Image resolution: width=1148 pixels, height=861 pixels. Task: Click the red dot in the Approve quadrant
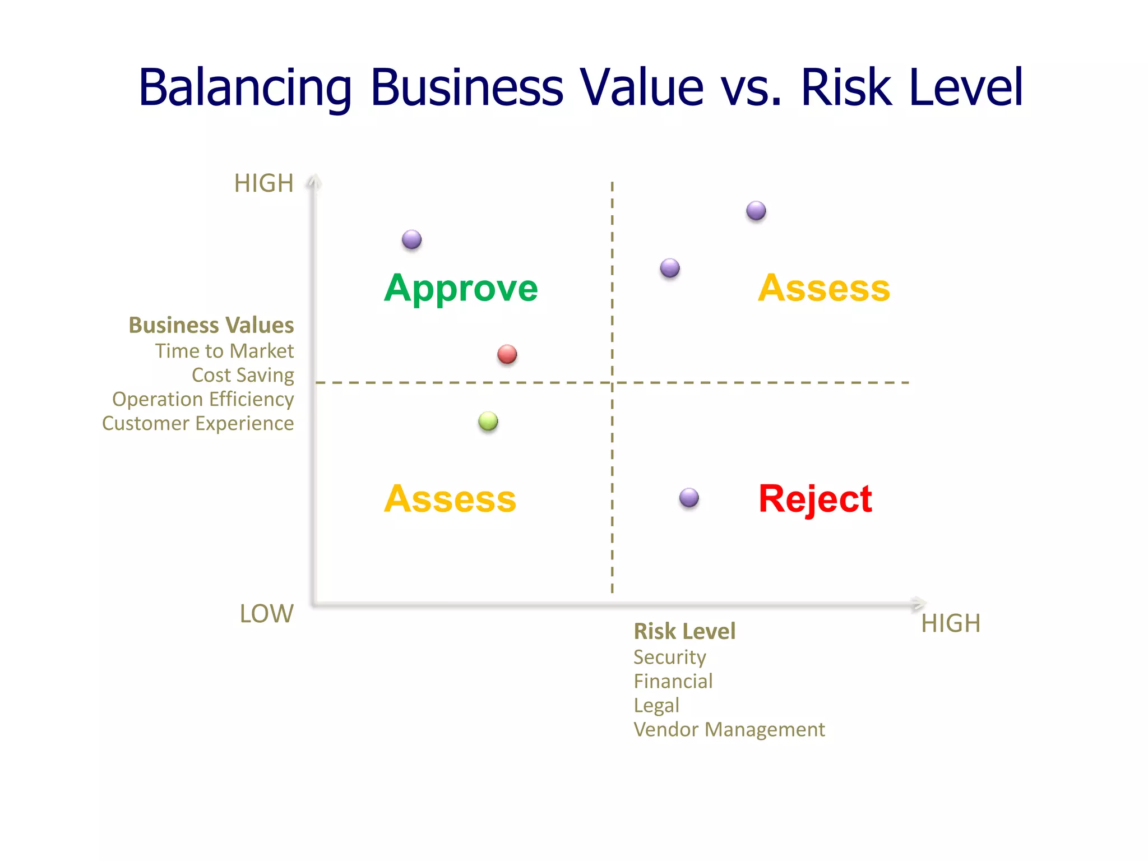507,354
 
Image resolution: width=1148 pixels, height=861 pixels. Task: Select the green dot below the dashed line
488,421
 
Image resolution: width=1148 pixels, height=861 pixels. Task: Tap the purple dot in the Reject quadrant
689,497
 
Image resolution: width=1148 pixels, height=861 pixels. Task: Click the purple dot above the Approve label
411,239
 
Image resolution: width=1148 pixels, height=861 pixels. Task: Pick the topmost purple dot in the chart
756,211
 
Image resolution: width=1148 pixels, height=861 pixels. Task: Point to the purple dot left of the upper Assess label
669,268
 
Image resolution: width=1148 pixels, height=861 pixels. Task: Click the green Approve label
461,288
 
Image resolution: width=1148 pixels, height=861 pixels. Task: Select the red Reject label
815,498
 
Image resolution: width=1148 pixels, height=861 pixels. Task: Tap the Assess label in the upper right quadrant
823,288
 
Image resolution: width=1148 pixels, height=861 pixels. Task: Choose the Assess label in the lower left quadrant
450,498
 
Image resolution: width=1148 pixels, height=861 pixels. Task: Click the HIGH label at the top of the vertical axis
263,183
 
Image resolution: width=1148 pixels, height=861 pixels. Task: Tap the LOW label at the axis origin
266,614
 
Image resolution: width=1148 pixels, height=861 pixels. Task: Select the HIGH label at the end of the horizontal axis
951,623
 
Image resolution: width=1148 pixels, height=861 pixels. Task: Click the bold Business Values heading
211,325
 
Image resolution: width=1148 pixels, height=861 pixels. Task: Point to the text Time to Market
224,351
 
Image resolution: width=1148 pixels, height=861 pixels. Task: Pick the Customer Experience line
197,423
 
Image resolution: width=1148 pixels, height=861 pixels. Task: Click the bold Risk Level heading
684,631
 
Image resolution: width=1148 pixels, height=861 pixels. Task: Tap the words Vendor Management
729,729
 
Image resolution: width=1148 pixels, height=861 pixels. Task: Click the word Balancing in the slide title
245,88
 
